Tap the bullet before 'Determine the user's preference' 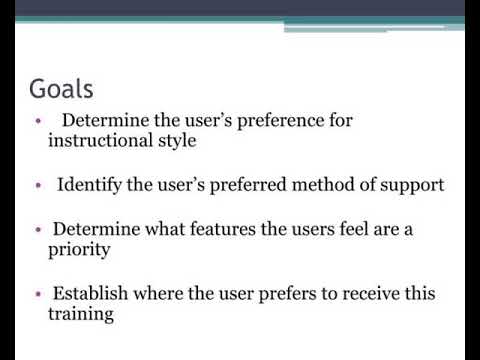pos(37,122)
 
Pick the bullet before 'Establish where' pos(37,296)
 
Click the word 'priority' pos(79,250)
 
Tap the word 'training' pos(81,315)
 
